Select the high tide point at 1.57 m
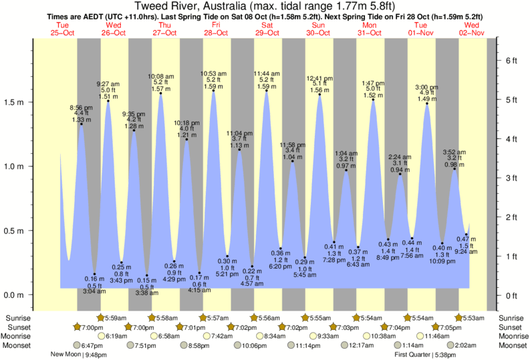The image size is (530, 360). point(161,94)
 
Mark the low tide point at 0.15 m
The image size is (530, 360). point(147,275)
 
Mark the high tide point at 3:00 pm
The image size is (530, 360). point(427,104)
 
